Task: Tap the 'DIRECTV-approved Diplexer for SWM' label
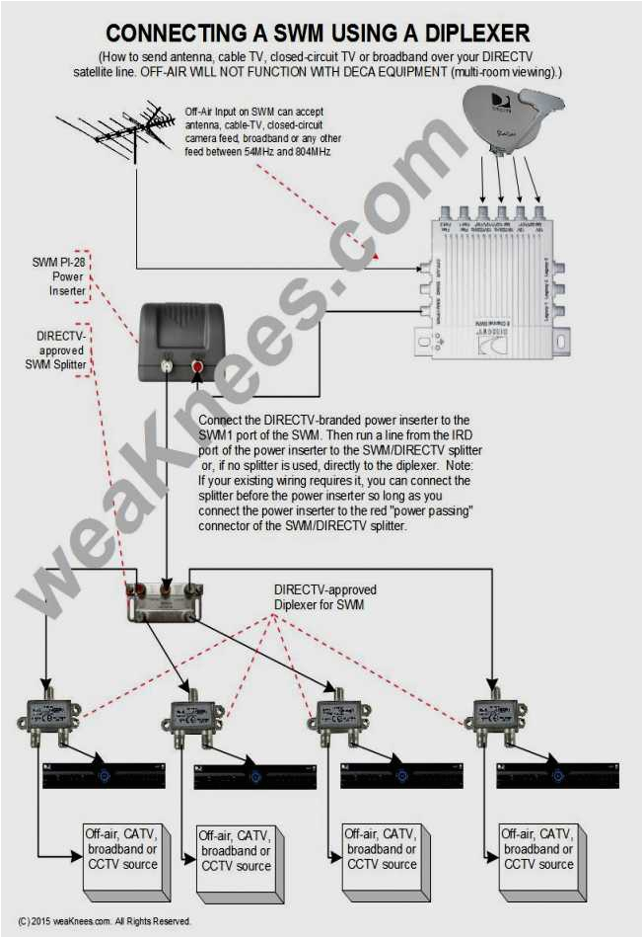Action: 324,596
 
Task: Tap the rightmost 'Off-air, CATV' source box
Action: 536,849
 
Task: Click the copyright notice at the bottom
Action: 105,921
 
